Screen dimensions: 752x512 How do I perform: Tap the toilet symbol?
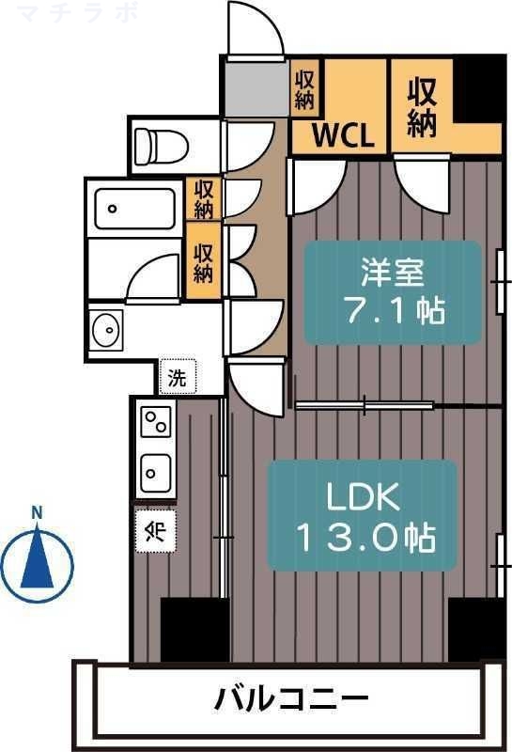click(x=161, y=145)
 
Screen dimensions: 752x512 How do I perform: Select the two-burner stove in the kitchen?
click(x=156, y=423)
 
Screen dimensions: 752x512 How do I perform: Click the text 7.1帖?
click(x=392, y=310)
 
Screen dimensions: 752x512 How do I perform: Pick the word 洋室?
click(x=392, y=272)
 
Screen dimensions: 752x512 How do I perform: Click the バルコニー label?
click(x=291, y=699)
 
